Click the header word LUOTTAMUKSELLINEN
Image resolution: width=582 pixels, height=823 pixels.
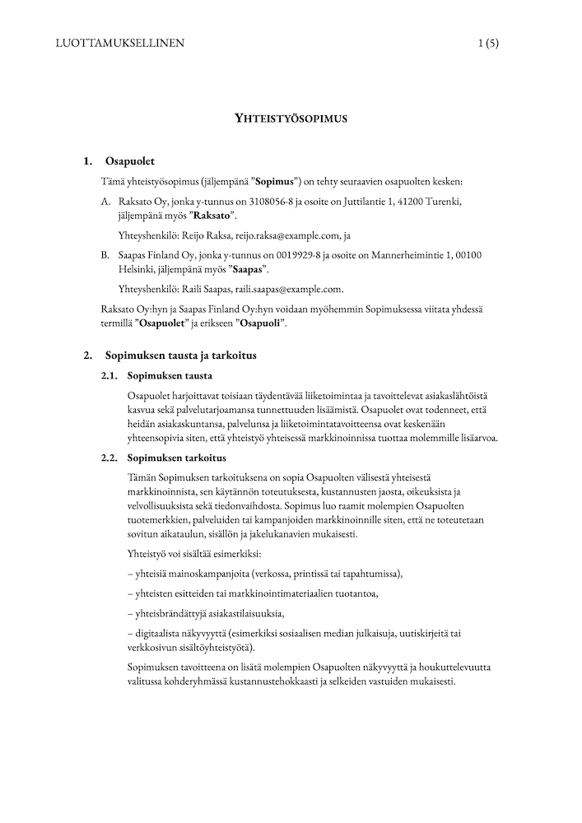click(x=119, y=44)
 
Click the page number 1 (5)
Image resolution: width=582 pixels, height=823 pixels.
click(x=487, y=44)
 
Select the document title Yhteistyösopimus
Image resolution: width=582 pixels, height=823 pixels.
click(x=291, y=118)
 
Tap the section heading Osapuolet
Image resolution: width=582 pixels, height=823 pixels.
click(x=130, y=160)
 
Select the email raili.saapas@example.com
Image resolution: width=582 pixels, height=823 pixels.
click(x=280, y=289)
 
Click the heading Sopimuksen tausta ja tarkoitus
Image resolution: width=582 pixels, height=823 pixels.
click(x=180, y=356)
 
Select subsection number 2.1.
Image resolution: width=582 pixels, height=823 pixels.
click(x=110, y=376)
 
